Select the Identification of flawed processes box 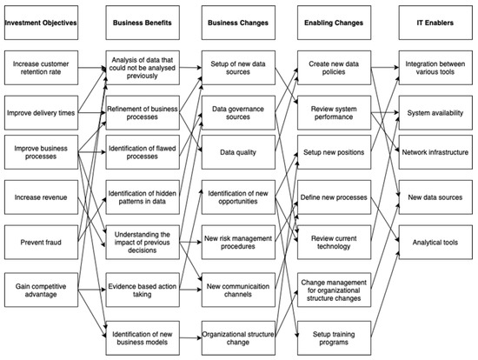tap(144, 152)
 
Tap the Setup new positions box tap(335, 152)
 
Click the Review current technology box tap(335, 241)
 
